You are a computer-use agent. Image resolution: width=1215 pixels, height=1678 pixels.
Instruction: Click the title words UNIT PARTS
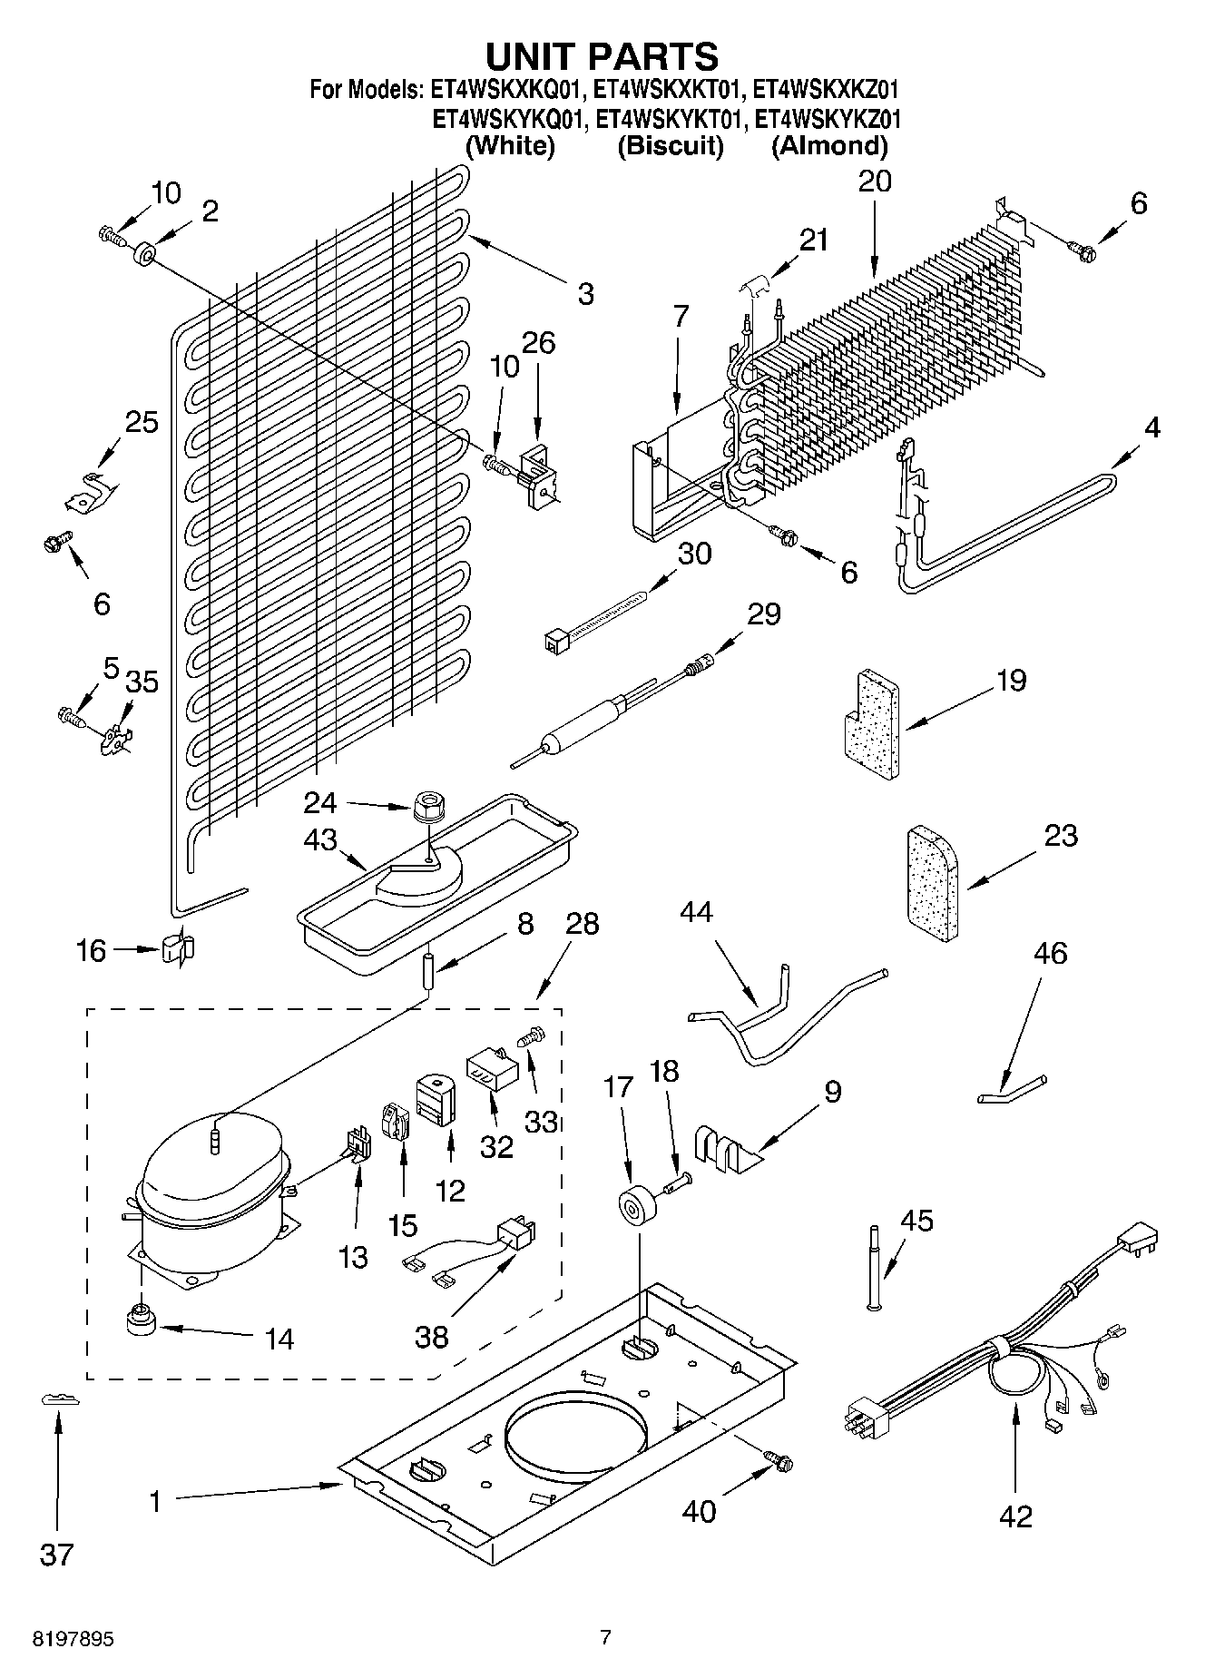click(603, 56)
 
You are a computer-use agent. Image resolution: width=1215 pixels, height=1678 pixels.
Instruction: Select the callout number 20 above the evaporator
click(875, 181)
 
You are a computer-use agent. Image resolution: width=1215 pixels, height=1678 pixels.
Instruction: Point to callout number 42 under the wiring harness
click(1016, 1516)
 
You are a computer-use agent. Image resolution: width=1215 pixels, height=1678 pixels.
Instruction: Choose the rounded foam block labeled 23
click(933, 885)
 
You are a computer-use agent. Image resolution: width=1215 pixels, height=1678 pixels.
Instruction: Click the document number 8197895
click(73, 1639)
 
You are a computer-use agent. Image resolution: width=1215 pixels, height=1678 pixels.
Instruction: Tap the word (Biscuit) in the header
click(671, 146)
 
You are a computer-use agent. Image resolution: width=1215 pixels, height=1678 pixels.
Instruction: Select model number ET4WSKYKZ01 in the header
click(828, 119)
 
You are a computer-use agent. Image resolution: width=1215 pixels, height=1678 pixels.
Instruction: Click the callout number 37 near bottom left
click(56, 1555)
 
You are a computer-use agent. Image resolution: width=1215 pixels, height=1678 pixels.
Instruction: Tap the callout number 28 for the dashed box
click(582, 924)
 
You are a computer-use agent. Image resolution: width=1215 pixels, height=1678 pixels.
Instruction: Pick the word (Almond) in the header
click(829, 146)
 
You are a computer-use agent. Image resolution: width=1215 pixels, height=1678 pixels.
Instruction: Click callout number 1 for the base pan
click(155, 1502)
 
